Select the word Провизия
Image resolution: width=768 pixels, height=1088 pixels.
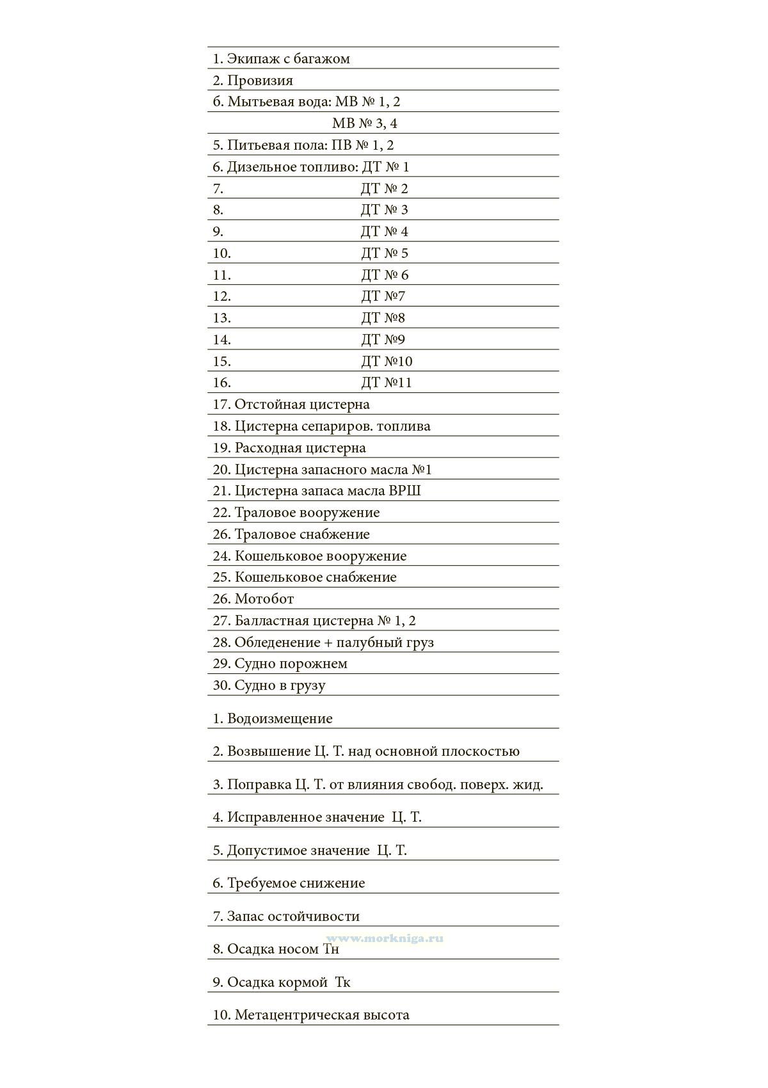(x=260, y=81)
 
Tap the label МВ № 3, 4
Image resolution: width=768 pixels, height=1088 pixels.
(x=365, y=124)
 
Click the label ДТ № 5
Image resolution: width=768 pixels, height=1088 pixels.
(x=385, y=253)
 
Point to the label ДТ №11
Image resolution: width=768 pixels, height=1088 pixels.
(x=387, y=383)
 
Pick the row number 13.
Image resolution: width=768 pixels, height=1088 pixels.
(x=221, y=318)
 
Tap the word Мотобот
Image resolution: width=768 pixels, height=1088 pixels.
(x=264, y=599)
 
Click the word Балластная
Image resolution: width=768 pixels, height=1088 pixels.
(x=272, y=621)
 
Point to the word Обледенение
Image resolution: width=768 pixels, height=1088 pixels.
(x=277, y=643)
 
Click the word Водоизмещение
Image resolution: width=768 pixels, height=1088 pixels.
(x=280, y=719)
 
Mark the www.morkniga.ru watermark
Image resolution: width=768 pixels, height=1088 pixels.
(x=385, y=938)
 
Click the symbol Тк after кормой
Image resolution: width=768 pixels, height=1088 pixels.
(x=342, y=982)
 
